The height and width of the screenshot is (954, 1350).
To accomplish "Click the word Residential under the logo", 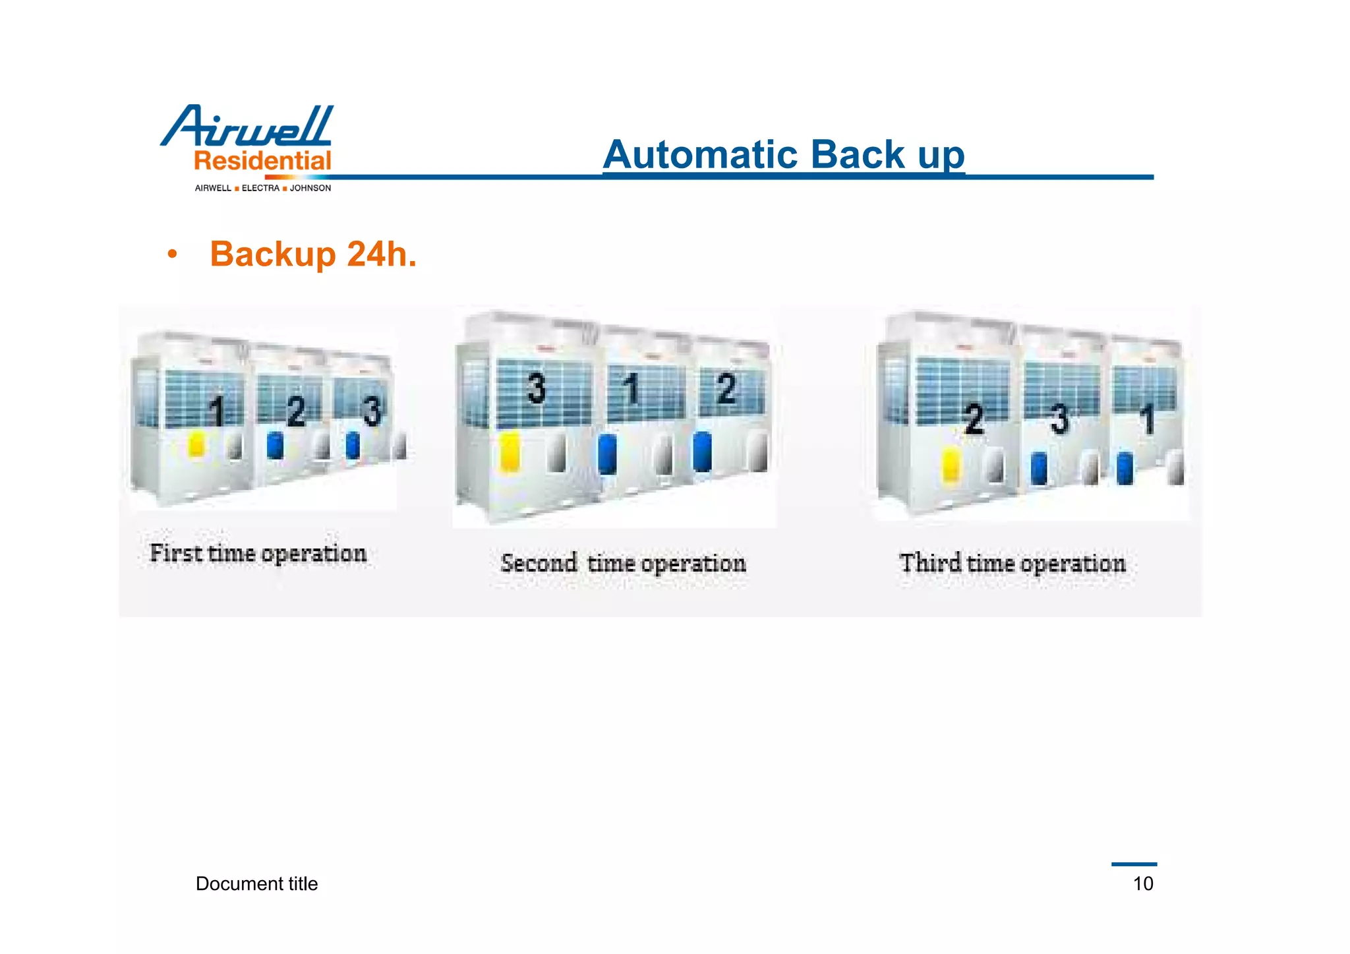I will click(262, 161).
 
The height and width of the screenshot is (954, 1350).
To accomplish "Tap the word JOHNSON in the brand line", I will click(310, 189).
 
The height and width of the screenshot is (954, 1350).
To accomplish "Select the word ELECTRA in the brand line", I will click(260, 189).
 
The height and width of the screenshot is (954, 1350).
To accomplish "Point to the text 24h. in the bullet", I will click(382, 254).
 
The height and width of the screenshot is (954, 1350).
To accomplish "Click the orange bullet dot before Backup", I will click(172, 254).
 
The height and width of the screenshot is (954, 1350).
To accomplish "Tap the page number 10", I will click(1143, 883).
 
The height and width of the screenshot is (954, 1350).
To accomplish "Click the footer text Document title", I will click(256, 883).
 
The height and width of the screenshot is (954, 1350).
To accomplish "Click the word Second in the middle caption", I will click(539, 563).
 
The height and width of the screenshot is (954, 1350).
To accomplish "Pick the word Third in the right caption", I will click(930, 563).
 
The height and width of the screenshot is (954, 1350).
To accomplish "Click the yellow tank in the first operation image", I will click(196, 444).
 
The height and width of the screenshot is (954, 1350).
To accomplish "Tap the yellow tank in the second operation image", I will click(510, 452).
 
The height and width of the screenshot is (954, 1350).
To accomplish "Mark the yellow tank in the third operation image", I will click(951, 464).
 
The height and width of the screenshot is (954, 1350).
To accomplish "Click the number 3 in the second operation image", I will click(537, 388).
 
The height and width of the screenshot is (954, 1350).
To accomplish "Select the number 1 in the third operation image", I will click(1148, 419).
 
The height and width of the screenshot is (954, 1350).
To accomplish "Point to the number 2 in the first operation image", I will click(297, 411).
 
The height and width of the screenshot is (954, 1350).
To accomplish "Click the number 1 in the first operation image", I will click(217, 411).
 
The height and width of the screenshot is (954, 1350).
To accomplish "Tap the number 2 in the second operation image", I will click(726, 388).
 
